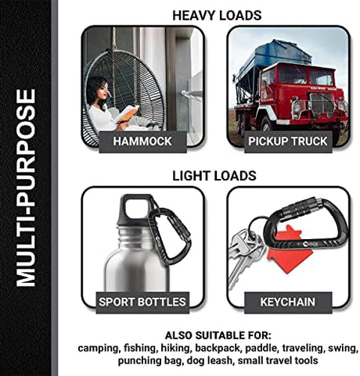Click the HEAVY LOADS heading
pyautogui.click(x=217, y=16)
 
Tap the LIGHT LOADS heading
pyautogui.click(x=214, y=176)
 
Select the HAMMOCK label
pyautogui.click(x=142, y=141)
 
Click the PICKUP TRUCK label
pyautogui.click(x=288, y=141)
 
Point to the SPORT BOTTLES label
pyautogui.click(x=142, y=303)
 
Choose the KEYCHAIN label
pyautogui.click(x=288, y=303)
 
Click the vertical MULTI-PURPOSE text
pyautogui.click(x=26, y=188)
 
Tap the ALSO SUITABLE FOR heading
pyautogui.click(x=218, y=335)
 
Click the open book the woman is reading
pyautogui.click(x=127, y=113)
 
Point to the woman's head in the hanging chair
pyautogui.click(x=97, y=90)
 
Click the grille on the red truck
pyautogui.click(x=321, y=105)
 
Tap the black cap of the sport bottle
pyautogui.click(x=135, y=209)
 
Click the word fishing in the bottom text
pyautogui.click(x=139, y=349)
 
